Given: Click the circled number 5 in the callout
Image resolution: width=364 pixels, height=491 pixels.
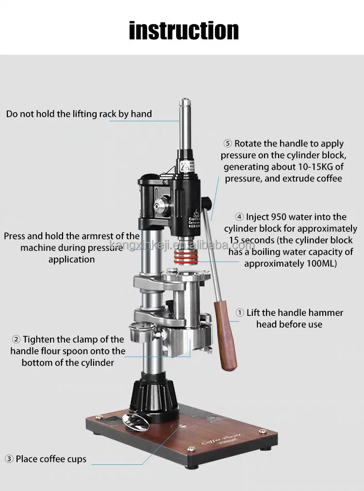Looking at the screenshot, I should [228, 144].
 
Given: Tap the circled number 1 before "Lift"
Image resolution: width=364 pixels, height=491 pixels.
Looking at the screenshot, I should [240, 313].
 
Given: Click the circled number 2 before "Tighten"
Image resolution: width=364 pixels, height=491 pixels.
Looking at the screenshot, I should [16, 340].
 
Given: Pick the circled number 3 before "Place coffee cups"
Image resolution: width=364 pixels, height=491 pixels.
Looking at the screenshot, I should [9, 459].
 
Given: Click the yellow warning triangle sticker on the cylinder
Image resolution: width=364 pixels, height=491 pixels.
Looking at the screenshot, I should [184, 165].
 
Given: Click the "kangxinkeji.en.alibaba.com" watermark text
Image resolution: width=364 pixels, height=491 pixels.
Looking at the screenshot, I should [182, 245].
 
